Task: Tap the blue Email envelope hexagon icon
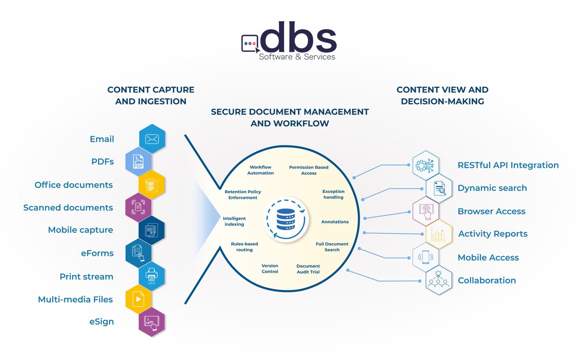click(152, 139)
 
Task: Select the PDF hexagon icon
click(139, 162)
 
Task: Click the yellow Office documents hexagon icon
click(152, 185)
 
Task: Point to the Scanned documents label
click(68, 208)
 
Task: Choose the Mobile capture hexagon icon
click(152, 230)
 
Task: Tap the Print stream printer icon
click(152, 276)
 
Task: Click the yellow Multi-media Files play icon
click(139, 299)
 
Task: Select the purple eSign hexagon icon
click(152, 322)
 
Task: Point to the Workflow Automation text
click(260, 170)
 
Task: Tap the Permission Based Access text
click(308, 170)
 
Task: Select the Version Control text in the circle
click(270, 269)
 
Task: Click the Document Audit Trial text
click(308, 269)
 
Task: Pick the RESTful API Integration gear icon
click(425, 165)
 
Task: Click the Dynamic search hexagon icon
click(439, 188)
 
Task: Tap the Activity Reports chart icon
click(439, 234)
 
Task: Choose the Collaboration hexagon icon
click(439, 280)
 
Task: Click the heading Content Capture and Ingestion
click(151, 96)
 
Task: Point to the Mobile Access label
click(488, 258)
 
